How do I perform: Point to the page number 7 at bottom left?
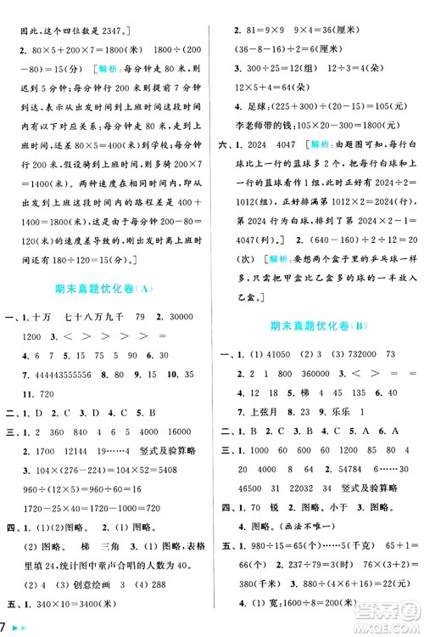pos(6,626)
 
